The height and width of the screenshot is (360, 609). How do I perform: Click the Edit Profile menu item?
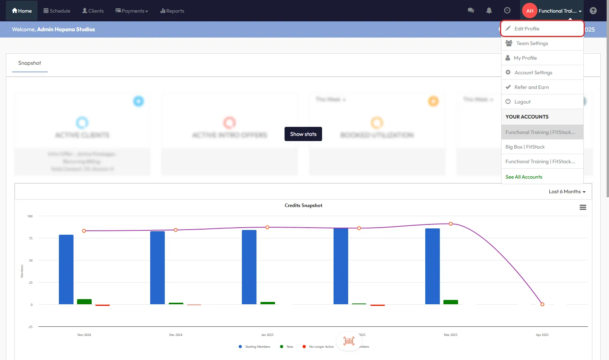(x=527, y=29)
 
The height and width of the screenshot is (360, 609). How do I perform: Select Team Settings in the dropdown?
(x=532, y=43)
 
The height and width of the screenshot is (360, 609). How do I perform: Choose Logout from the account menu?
(x=522, y=102)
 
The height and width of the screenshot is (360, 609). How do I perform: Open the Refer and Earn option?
(x=532, y=87)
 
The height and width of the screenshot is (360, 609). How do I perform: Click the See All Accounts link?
(x=524, y=177)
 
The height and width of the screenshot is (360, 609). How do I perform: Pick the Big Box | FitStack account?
(x=525, y=147)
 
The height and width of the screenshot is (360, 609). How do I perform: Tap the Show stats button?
(x=303, y=134)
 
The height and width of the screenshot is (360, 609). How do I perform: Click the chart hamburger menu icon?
(x=583, y=207)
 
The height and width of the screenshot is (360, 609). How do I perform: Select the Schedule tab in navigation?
(x=57, y=11)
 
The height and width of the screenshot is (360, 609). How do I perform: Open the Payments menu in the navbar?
(x=132, y=11)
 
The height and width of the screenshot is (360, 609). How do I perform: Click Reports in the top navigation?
(x=172, y=11)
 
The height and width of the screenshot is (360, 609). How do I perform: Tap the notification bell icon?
(x=489, y=11)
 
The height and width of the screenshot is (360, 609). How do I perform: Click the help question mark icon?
(x=593, y=11)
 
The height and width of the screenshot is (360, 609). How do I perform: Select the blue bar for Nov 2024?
(x=66, y=270)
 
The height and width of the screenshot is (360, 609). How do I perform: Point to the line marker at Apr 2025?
(x=542, y=304)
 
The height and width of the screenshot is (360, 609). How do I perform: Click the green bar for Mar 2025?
(x=451, y=302)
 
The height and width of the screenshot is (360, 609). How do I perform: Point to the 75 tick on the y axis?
(x=31, y=238)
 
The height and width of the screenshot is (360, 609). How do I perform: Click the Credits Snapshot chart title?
(x=303, y=205)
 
